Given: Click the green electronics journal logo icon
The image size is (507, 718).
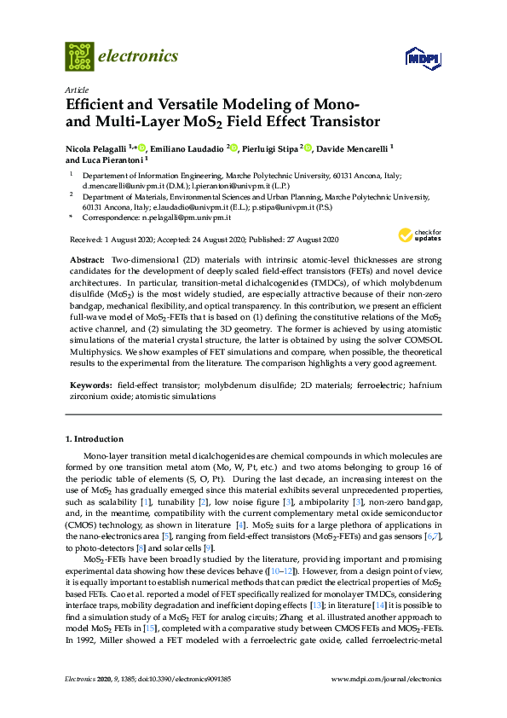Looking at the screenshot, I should click(79, 56).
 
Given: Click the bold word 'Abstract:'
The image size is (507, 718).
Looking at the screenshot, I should click(87, 258).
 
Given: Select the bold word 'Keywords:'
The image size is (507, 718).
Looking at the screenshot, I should click(89, 385).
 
